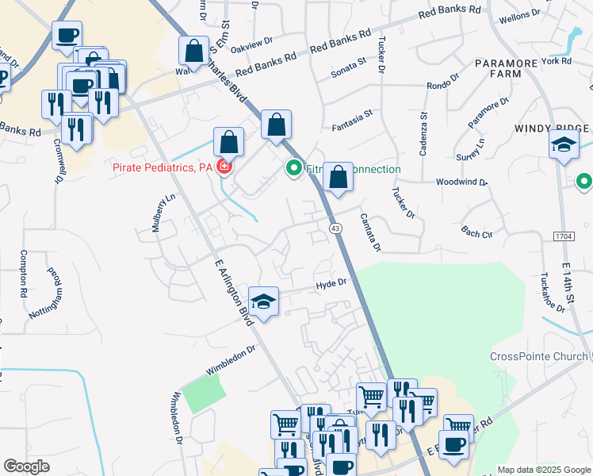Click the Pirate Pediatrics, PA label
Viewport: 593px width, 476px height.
163,167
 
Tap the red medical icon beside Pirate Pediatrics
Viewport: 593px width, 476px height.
224,167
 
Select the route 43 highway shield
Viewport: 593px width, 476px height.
336,228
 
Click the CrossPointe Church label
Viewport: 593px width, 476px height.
538,356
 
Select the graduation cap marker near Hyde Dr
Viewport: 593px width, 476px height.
263,301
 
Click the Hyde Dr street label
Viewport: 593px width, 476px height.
331,283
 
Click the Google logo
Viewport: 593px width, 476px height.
27,466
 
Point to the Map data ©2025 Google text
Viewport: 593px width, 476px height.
543,470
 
